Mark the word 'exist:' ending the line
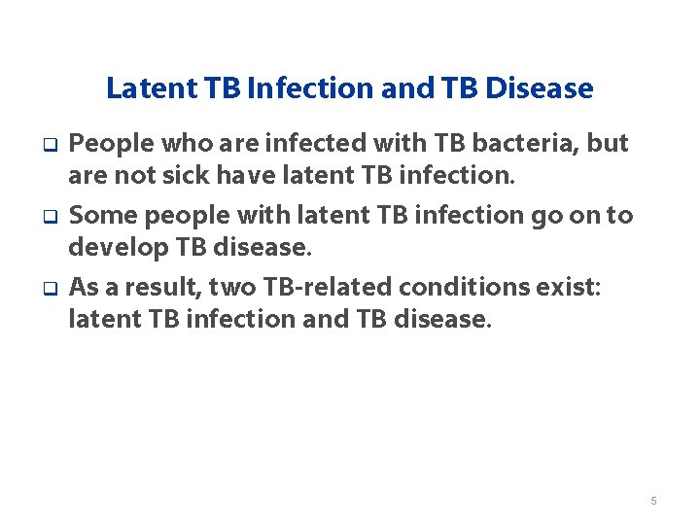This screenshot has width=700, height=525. [516, 287]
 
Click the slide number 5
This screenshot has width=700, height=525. [653, 501]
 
